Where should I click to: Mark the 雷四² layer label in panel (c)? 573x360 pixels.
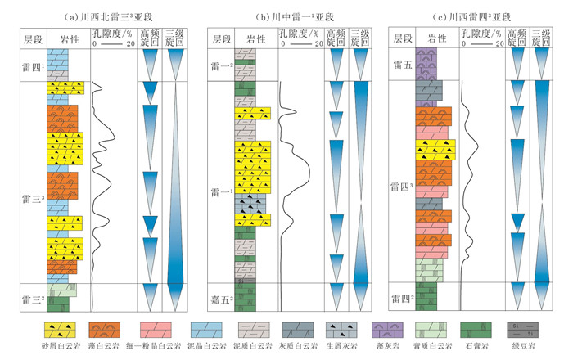pyautogui.click(x=401, y=299)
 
